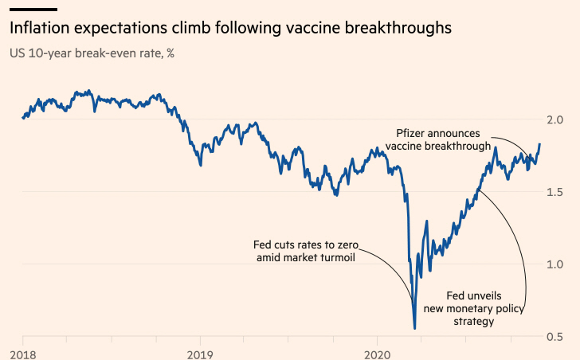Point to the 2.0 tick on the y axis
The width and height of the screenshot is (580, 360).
pos(556,119)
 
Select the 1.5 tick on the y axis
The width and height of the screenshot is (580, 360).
pos(556,192)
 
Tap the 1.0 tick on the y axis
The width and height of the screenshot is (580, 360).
pos(556,264)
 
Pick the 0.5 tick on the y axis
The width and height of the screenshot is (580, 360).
pos(556,337)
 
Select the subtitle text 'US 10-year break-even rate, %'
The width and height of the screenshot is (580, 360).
pos(92,53)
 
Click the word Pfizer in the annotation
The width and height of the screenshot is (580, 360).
pos(413,132)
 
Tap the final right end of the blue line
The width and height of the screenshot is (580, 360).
pos(539,145)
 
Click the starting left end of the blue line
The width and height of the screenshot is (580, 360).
pos(22,118)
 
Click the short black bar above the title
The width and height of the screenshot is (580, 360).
pos(33,8)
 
